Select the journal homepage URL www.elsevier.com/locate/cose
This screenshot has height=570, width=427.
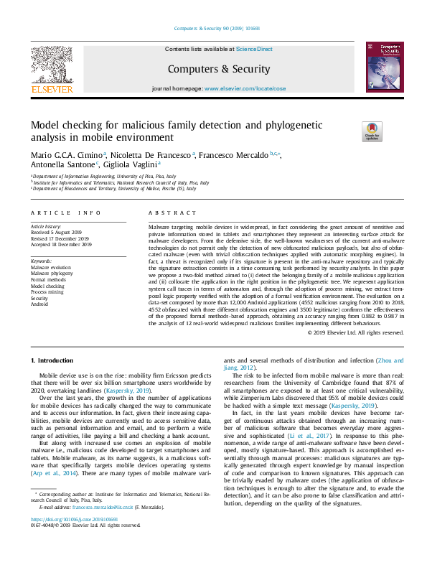(x=245, y=88)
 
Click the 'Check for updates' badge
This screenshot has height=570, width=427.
(x=372, y=132)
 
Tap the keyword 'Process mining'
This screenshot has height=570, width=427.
(x=48, y=291)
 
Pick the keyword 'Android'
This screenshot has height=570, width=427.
(x=41, y=303)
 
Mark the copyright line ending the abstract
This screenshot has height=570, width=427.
(x=357, y=332)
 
